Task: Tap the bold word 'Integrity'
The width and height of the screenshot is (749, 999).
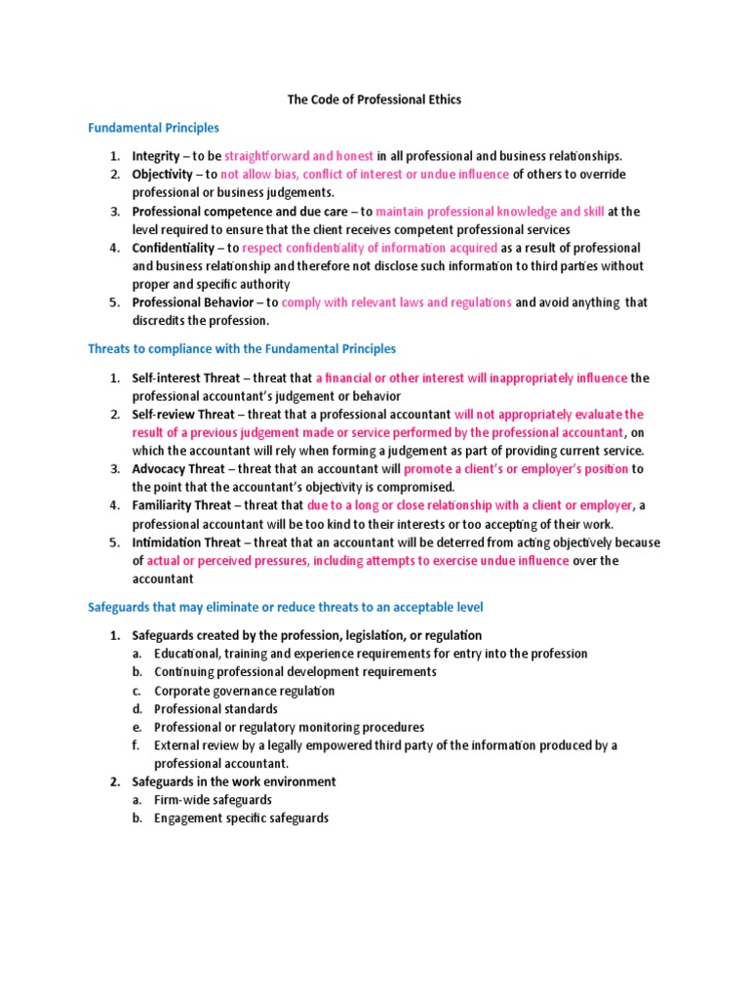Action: [156, 156]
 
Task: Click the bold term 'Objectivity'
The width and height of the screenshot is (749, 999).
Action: [163, 175]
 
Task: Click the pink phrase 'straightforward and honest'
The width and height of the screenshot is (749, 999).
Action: [299, 156]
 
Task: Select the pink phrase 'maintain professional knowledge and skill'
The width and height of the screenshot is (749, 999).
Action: [490, 211]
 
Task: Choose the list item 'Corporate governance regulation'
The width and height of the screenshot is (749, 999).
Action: [244, 691]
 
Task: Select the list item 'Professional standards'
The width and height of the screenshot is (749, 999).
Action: [216, 709]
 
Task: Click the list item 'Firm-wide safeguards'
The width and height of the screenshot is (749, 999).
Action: [213, 800]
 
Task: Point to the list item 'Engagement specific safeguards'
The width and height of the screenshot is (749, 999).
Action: [241, 819]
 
